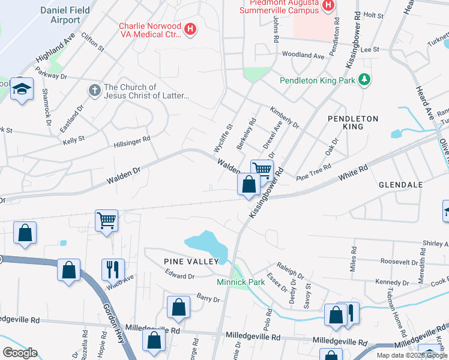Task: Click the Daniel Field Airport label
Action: tap(60, 15)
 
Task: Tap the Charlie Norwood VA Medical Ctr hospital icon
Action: tap(190, 29)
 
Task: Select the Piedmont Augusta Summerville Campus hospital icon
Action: tap(328, 7)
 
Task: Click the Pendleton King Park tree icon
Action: tap(363, 80)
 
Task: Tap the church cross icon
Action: tap(94, 91)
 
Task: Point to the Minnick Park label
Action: tap(241, 281)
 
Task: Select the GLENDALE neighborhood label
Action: tap(402, 185)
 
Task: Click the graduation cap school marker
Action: tap(22, 89)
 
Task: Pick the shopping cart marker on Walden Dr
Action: tap(262, 170)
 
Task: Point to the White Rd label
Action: tap(352, 175)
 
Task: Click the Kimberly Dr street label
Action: tap(285, 118)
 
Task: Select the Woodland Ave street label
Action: tap(303, 55)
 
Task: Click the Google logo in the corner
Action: tap(20, 353)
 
